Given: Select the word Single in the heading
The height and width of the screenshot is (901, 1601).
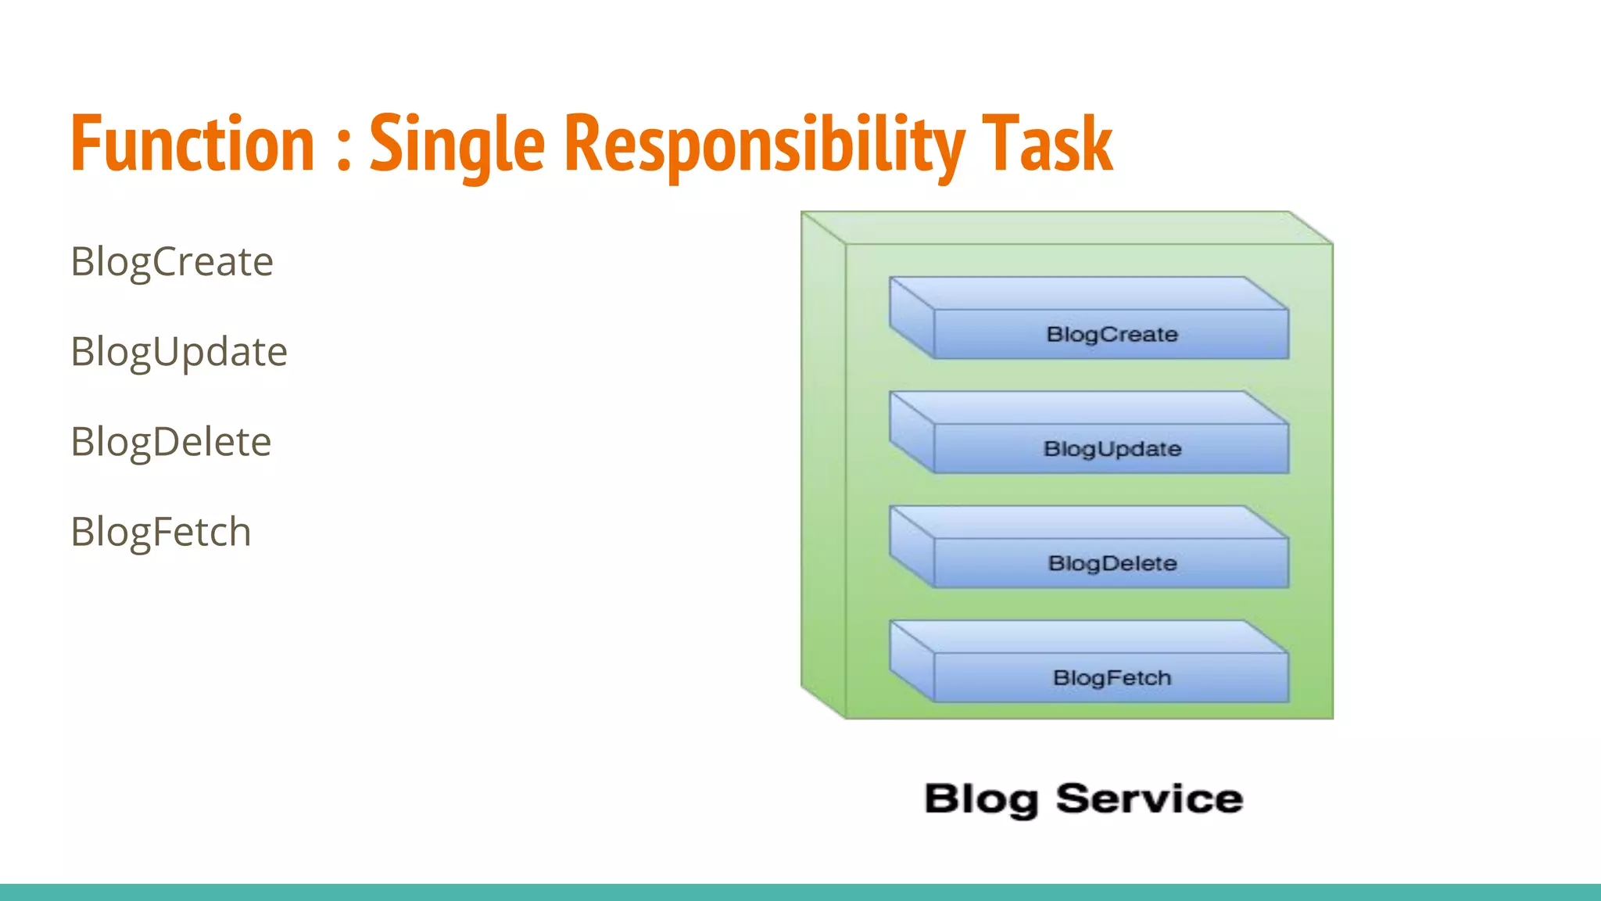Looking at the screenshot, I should (x=457, y=145).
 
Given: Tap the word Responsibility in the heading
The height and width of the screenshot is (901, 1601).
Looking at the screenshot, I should (x=764, y=145).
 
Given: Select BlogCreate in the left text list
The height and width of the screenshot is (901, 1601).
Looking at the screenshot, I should (x=172, y=262).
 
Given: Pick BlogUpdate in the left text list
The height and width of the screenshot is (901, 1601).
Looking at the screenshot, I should (x=179, y=352).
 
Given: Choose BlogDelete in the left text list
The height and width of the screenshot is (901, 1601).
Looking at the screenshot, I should (x=170, y=442).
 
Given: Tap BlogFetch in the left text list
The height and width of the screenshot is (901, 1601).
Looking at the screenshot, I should (x=161, y=532).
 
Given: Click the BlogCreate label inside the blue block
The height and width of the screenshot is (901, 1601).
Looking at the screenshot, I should (x=1112, y=335).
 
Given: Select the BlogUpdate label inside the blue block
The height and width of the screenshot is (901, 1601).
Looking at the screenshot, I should (x=1112, y=449).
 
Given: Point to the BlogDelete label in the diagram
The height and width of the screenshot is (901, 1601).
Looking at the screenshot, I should (x=1112, y=563).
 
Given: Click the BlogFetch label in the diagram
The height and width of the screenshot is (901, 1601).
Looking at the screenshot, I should (x=1112, y=678).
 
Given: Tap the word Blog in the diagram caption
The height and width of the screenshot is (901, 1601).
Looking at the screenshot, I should (x=981, y=799).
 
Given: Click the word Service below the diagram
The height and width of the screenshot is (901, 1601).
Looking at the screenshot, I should (x=1149, y=799).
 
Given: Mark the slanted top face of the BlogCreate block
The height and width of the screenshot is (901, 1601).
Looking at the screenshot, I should (x=1087, y=293).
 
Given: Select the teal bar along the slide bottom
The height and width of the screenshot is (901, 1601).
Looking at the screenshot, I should (x=800, y=892).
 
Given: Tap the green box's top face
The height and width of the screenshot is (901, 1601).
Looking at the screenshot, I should (x=1067, y=228).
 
